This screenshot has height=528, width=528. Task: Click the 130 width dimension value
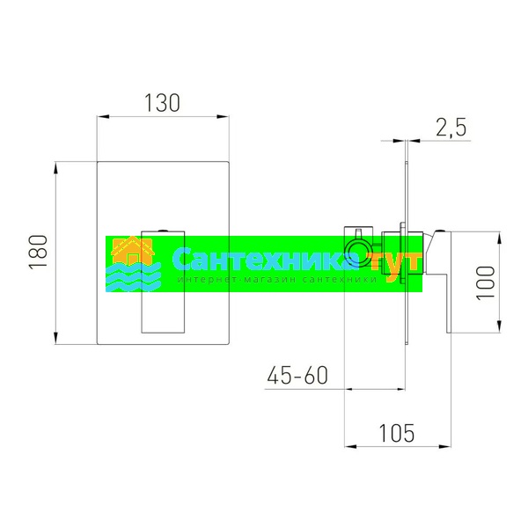[162, 103]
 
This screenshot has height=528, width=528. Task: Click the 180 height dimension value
[39, 252]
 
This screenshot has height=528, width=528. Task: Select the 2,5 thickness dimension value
[451, 128]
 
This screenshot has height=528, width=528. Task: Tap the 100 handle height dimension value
[485, 282]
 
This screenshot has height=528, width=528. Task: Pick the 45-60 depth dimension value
[297, 375]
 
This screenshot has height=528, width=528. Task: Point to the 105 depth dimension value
[397, 433]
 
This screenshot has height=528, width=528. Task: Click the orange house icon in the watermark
[133, 250]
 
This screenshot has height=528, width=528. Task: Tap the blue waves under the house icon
[134, 277]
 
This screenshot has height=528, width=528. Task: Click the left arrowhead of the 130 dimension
[103, 116]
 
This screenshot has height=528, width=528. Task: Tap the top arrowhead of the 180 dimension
[56, 168]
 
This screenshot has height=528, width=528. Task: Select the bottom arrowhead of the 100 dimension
[499, 326]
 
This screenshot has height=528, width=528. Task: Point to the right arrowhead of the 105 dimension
[444, 446]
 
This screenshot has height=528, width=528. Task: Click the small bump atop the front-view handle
[163, 231]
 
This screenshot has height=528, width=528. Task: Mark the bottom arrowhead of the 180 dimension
[56, 338]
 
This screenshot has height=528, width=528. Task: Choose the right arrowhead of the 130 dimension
[223, 116]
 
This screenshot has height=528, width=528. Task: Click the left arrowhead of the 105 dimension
[350, 446]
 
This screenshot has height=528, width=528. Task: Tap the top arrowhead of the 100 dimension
[499, 238]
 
